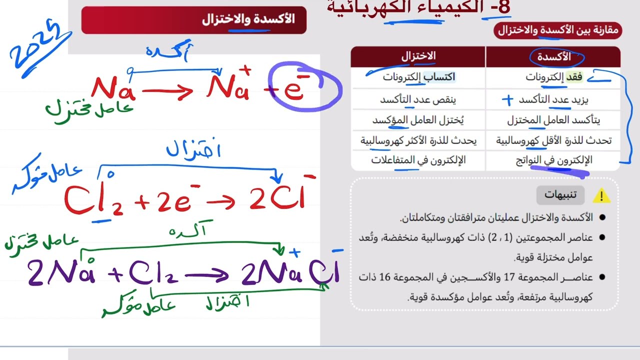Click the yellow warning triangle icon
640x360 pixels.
tap(601, 195)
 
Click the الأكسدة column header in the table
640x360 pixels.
tap(552, 57)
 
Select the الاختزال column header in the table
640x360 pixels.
tap(418, 56)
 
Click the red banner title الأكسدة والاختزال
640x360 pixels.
tap(248, 19)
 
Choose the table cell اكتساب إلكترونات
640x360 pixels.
tap(419, 77)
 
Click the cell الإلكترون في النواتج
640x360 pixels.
tap(554, 160)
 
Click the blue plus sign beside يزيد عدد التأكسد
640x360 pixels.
tap(507, 99)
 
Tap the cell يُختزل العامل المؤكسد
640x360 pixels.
tap(421, 120)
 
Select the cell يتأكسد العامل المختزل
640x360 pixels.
tap(553, 120)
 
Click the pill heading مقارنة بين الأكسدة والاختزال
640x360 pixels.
tap(557, 30)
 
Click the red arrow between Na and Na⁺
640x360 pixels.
tap(167, 91)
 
